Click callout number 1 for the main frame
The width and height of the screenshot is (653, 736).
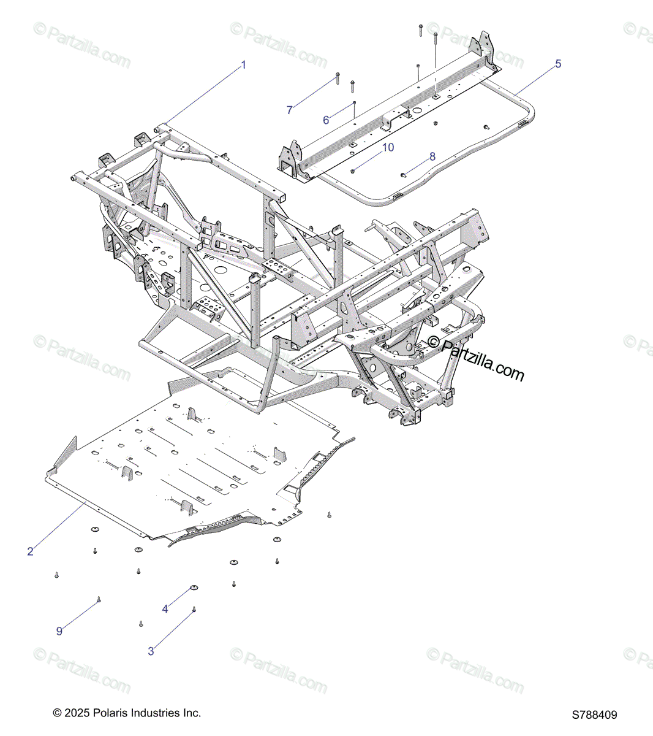[x=243, y=65]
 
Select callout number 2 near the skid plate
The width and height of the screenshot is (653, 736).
[x=30, y=551]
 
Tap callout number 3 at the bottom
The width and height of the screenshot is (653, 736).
[x=151, y=651]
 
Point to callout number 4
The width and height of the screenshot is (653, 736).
[x=165, y=609]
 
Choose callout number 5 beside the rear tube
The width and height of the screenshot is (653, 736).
[x=558, y=64]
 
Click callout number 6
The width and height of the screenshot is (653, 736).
[x=326, y=120]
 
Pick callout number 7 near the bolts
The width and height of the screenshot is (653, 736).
[x=290, y=110]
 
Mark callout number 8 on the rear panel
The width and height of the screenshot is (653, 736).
[x=432, y=156]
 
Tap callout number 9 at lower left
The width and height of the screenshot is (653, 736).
[x=59, y=631]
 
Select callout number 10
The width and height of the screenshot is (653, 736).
[x=388, y=148]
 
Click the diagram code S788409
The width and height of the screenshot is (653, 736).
[x=595, y=715]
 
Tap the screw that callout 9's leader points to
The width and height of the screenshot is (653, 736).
[x=99, y=599]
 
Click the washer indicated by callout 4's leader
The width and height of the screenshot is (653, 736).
[x=194, y=588]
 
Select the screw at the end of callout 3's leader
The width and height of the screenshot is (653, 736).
[x=194, y=609]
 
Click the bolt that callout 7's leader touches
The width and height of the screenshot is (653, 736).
[x=338, y=78]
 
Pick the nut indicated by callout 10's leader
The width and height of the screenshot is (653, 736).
[x=354, y=171]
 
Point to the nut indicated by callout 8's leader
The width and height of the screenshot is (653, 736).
[x=404, y=175]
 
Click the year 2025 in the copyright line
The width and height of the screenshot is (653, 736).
[x=76, y=713]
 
